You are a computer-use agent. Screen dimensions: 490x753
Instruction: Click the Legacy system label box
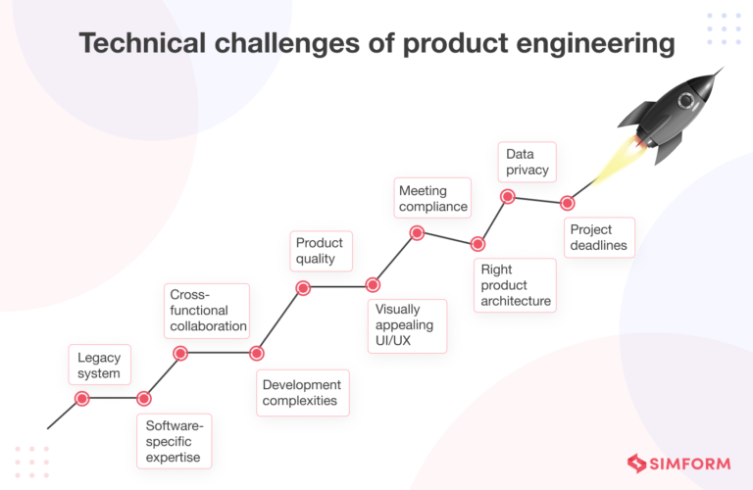[x=99, y=365]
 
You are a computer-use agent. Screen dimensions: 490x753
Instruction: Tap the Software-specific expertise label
[x=174, y=441]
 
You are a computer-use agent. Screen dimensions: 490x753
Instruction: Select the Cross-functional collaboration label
[x=206, y=311]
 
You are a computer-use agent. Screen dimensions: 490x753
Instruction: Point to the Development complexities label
[x=302, y=392]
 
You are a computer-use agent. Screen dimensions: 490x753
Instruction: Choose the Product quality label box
[x=321, y=251]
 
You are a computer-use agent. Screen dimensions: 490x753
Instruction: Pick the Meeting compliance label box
[x=433, y=198]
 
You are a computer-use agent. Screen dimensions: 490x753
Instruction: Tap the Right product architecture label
[x=515, y=285]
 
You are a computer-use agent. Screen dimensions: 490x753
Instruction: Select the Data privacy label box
[x=527, y=162]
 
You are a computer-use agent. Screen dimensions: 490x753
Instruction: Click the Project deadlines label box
[x=598, y=237]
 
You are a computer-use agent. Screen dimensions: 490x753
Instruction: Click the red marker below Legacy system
[x=82, y=398]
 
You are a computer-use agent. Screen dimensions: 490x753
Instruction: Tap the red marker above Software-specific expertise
[x=144, y=398]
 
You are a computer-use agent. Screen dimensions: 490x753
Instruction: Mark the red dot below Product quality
[x=303, y=287]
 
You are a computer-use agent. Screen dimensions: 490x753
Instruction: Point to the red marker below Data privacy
[x=508, y=197]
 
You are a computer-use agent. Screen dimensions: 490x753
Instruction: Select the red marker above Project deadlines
[x=567, y=203]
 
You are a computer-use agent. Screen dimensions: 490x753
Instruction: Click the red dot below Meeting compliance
[x=417, y=233]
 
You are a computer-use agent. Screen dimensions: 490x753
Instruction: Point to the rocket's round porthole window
[x=683, y=101]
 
